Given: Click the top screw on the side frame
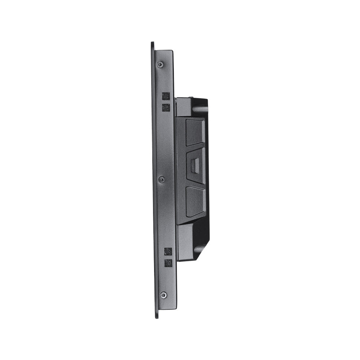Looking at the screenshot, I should click(160, 64).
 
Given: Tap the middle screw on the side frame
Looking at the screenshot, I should click(162, 179).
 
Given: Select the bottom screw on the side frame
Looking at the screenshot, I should click(163, 295).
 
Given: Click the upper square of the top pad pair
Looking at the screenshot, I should click(166, 96).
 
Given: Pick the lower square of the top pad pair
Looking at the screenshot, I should click(166, 107).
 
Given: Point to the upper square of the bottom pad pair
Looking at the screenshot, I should click(168, 251).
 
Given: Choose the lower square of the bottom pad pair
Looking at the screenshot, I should click(168, 263).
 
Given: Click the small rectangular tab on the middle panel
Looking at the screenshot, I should click(194, 166).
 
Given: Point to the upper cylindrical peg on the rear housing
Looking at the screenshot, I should click(201, 108).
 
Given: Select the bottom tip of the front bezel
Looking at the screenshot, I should click(157, 316).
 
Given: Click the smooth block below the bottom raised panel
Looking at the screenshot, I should click(186, 241).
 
